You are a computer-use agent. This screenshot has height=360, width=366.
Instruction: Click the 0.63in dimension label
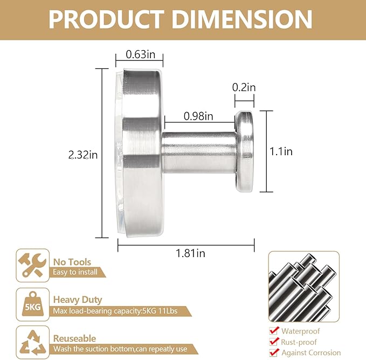(x=140, y=54)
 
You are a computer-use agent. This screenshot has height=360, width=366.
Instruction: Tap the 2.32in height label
(x=83, y=155)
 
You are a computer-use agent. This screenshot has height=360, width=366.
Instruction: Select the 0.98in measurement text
(x=198, y=116)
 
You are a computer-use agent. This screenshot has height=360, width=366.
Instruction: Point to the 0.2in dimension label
(x=244, y=87)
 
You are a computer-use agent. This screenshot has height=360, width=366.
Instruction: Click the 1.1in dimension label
(x=281, y=151)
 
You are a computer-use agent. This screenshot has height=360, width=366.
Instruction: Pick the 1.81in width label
(x=190, y=253)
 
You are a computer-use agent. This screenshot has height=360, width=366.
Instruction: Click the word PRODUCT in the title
(x=106, y=19)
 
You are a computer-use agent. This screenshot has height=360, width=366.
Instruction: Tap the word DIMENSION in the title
(x=242, y=19)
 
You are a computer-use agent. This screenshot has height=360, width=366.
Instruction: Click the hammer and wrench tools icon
(x=33, y=265)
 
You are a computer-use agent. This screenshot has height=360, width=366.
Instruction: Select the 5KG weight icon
(x=33, y=304)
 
